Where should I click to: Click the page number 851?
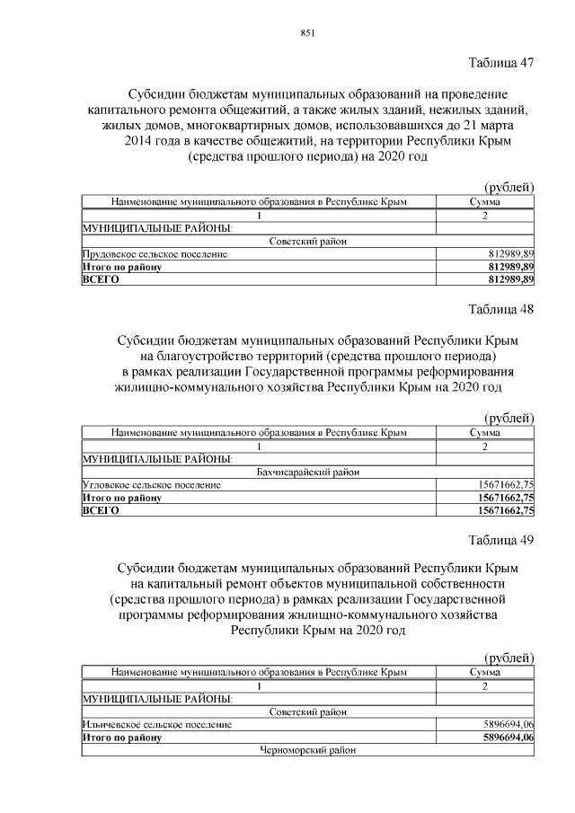[x=306, y=33]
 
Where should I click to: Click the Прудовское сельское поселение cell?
[x=154, y=254]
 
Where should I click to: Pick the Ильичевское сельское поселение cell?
[x=156, y=723]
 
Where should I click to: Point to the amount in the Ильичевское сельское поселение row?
[x=509, y=723]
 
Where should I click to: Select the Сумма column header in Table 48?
[x=485, y=433]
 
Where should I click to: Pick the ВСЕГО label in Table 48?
[x=101, y=510]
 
